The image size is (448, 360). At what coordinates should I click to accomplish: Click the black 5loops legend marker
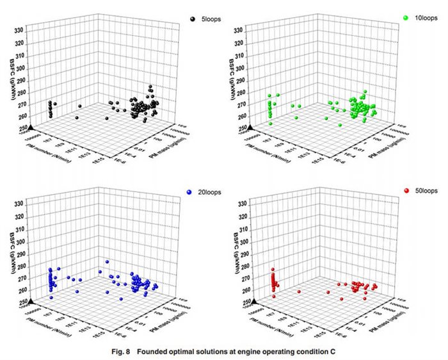click(193, 19)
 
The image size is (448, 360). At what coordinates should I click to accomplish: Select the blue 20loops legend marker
click(191, 192)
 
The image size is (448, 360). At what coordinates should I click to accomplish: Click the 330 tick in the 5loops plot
click(19, 30)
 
